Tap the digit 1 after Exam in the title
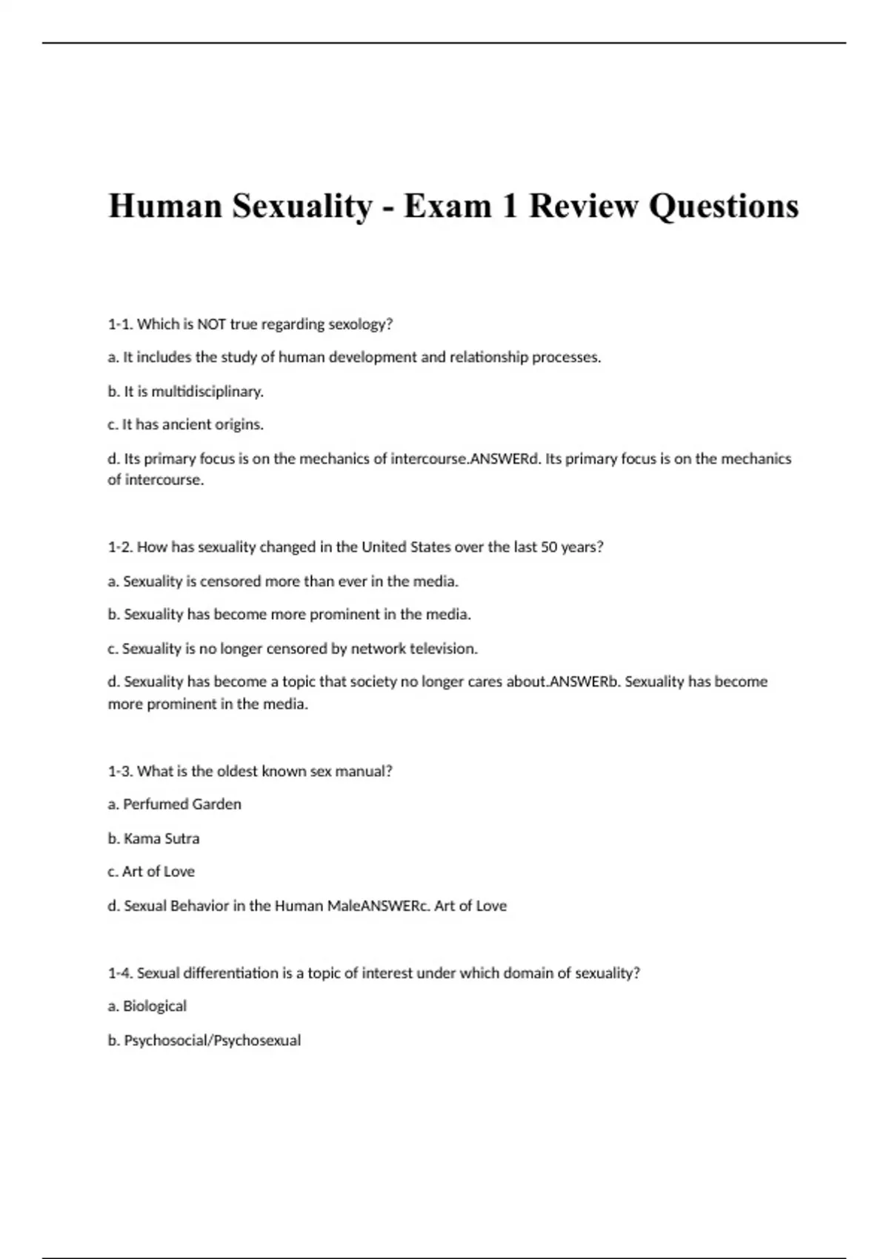(x=509, y=206)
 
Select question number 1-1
(x=120, y=324)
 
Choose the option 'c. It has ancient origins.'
(x=185, y=425)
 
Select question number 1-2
(x=120, y=547)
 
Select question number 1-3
(x=120, y=771)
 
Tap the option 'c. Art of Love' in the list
(x=151, y=872)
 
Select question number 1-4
(x=120, y=973)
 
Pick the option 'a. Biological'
(x=147, y=1006)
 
